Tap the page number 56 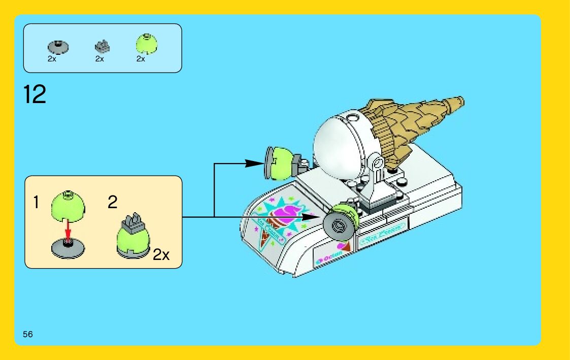(28, 334)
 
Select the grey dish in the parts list (58, 47)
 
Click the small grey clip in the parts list (102, 47)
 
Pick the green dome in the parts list (146, 45)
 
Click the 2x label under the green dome (141, 59)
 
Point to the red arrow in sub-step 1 (68, 231)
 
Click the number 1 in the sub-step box (36, 203)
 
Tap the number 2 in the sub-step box (113, 203)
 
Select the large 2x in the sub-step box (161, 254)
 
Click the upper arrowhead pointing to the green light (253, 163)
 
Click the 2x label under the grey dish (52, 59)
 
